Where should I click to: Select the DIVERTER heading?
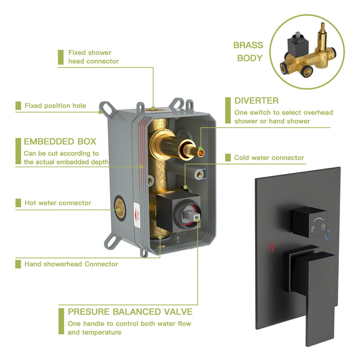[x=257, y=100]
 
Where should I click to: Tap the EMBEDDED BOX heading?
[x=60, y=141]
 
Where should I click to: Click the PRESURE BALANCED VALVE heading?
[x=130, y=312]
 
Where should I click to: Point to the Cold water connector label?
[x=269, y=158]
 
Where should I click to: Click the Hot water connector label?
[x=58, y=203]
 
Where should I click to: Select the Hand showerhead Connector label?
[x=71, y=264]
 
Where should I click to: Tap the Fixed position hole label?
[x=55, y=106]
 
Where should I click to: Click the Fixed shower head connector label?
[x=93, y=57]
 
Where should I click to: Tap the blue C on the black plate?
[x=327, y=236]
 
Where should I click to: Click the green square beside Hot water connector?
[x=18, y=203]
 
